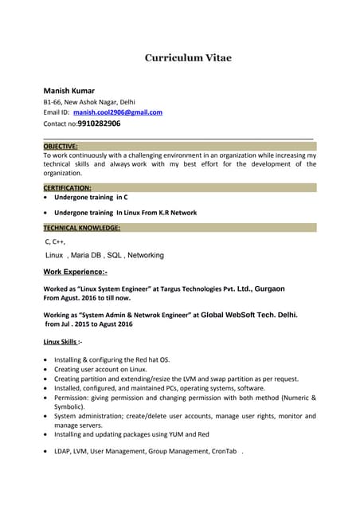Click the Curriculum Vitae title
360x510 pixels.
point(188,58)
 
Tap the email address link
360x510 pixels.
point(118,112)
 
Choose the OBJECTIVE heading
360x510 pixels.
point(61,146)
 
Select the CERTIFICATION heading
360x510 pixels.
point(67,187)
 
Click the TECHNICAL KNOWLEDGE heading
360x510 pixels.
point(82,228)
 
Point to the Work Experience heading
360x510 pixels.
point(80,272)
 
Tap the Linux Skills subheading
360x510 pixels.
point(61,342)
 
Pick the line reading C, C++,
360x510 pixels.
point(56,241)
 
